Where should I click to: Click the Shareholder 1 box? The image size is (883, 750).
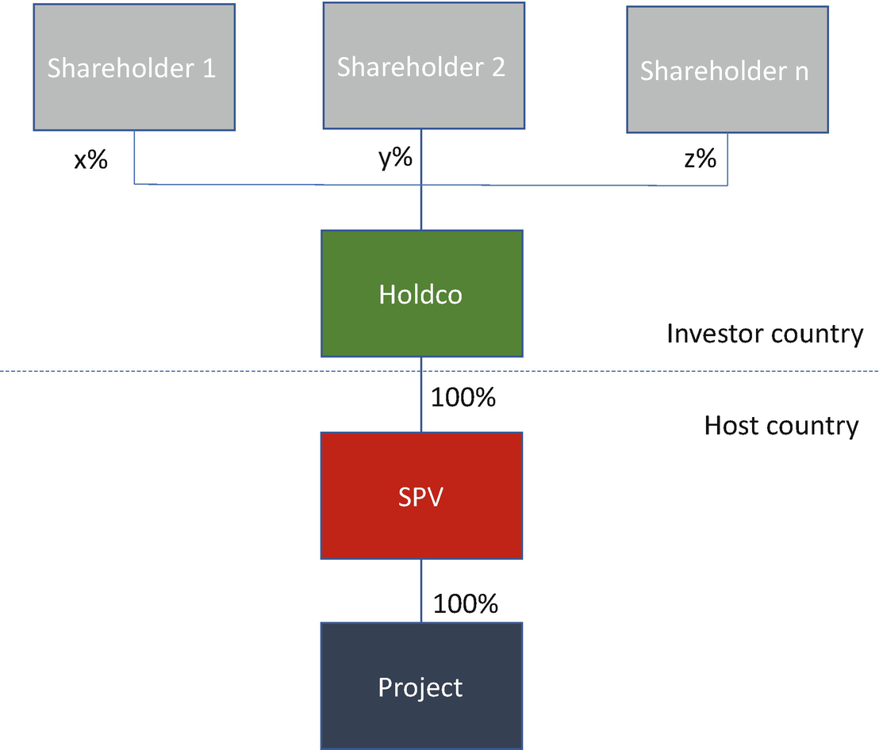point(134,67)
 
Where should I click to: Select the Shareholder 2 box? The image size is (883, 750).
point(424,66)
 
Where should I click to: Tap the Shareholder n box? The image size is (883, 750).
point(728,70)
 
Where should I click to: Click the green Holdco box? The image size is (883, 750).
point(422,293)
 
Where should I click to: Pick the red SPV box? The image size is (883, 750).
point(422,496)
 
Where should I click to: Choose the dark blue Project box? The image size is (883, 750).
point(422,686)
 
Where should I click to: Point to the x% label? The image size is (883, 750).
point(90,160)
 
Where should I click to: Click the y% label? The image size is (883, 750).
point(395,158)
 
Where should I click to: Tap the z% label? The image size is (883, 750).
point(700,159)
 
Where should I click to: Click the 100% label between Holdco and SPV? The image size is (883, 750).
point(463,397)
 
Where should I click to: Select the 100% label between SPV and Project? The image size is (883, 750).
point(465,603)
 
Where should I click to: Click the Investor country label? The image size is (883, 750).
point(765,335)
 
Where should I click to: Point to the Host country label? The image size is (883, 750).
point(781,426)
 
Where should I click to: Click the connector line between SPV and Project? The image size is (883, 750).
point(421,591)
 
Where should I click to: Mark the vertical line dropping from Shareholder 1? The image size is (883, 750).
point(134,157)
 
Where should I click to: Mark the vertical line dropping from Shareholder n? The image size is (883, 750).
point(727,159)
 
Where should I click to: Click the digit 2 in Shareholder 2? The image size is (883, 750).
point(497,67)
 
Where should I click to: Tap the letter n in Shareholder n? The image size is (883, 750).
point(801,72)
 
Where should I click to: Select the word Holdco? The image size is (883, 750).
point(420,294)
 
